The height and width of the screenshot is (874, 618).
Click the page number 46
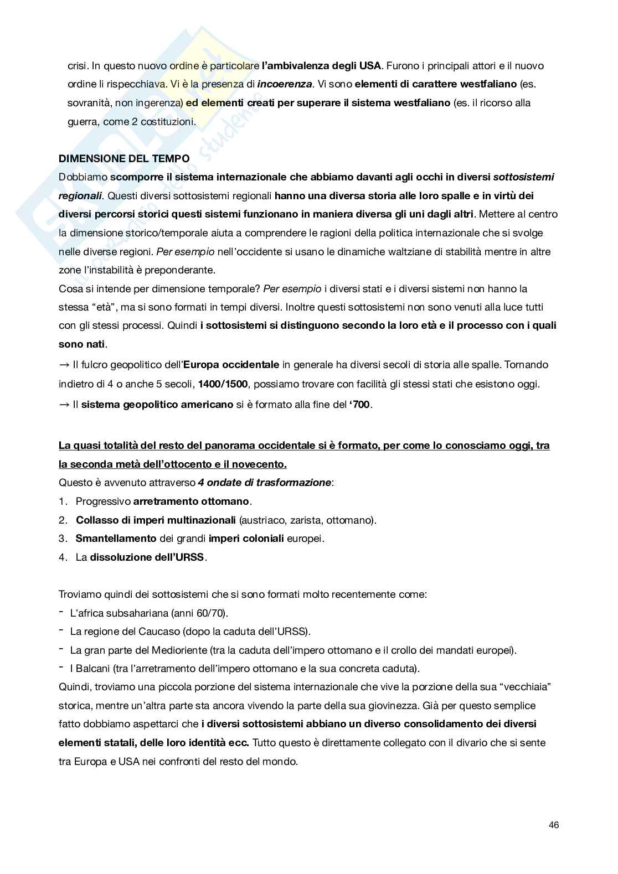[554, 825]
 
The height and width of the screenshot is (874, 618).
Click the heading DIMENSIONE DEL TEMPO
[124, 158]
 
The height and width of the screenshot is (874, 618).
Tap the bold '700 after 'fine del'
[359, 404]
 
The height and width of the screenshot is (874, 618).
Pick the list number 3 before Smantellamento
[62, 538]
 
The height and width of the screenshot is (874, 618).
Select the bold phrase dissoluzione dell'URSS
[148, 557]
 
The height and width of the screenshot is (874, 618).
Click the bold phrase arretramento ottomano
[192, 501]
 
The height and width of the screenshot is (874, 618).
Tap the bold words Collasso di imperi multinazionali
[156, 520]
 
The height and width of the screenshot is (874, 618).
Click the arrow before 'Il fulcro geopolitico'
[64, 365]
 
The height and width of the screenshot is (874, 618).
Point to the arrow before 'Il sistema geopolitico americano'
[64, 404]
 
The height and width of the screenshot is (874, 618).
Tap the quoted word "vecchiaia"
[526, 687]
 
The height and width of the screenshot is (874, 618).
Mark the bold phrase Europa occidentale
[231, 365]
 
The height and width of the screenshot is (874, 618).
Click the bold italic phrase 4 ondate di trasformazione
[264, 483]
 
